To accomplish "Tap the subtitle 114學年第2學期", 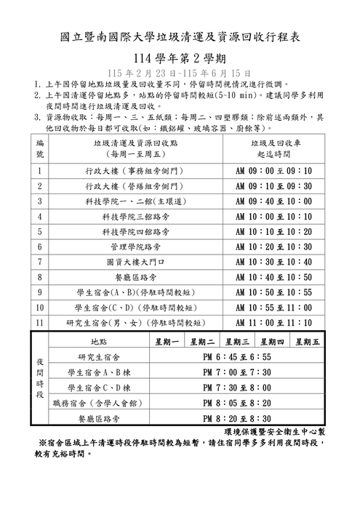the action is (x=180, y=58).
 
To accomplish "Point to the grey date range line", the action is (x=180, y=73).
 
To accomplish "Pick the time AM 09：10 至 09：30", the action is (x=274, y=186).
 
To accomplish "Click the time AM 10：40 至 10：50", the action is (x=274, y=277).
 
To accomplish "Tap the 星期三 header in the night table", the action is (x=237, y=341).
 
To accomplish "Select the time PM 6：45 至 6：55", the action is (x=237, y=357).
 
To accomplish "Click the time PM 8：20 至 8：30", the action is (x=237, y=419).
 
